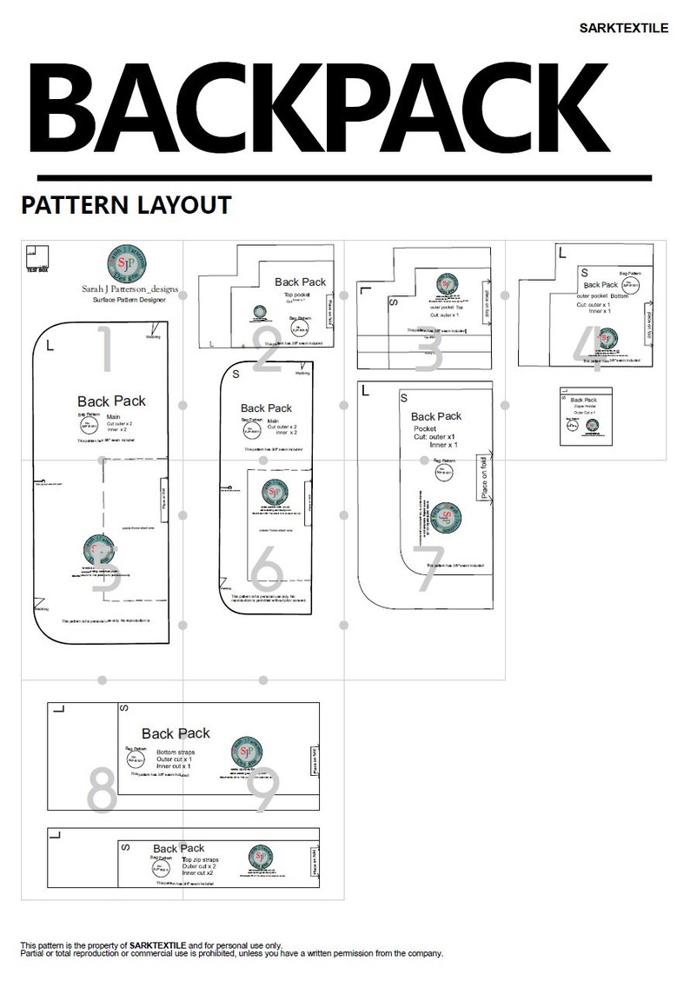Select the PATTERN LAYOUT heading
126,205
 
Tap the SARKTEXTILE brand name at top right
623,28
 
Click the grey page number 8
103,789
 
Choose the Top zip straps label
199,858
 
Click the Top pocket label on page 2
297,295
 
